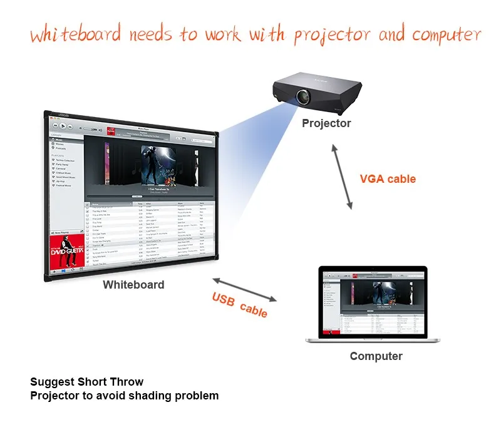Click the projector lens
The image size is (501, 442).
point(302,97)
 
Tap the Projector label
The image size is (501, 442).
point(326,123)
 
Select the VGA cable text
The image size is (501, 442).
point(388,179)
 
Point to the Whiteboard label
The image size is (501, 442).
point(133,285)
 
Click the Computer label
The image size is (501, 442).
point(376,356)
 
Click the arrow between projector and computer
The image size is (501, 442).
point(342,176)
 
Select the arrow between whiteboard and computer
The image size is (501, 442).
point(244,289)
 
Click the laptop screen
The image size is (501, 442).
point(373,302)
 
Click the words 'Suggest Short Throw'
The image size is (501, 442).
point(86,382)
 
